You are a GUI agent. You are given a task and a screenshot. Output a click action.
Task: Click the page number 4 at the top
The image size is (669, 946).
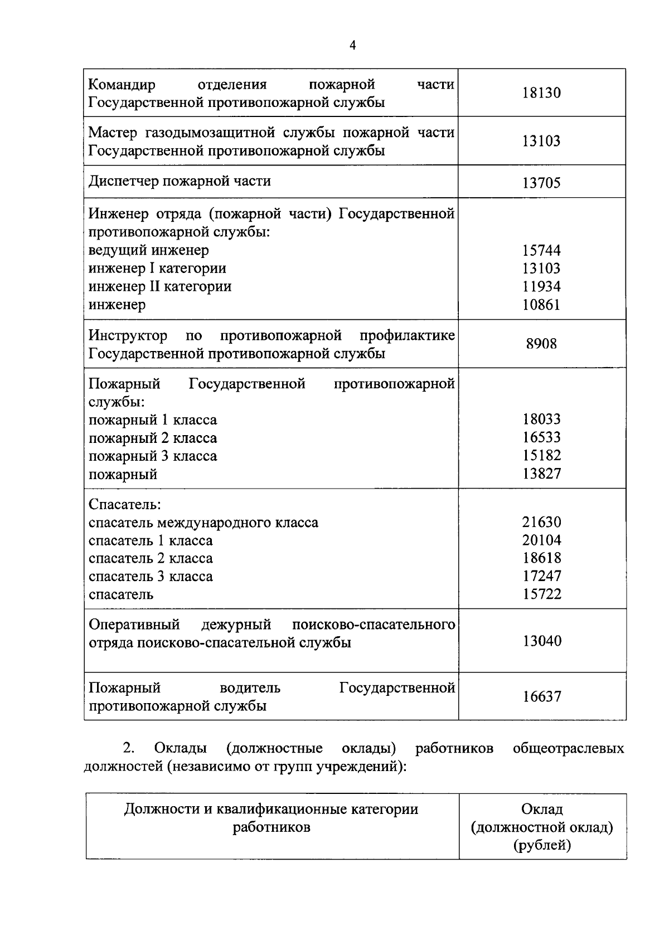click(352, 46)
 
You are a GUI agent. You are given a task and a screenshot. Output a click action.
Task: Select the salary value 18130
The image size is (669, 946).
click(541, 93)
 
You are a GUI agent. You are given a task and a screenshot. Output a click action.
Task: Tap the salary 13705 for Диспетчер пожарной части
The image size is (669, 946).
click(541, 183)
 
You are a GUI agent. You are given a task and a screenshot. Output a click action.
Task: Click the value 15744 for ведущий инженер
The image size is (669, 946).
click(541, 251)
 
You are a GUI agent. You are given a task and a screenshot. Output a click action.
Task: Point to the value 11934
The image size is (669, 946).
click(541, 287)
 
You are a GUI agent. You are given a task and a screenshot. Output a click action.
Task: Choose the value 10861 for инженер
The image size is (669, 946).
click(541, 305)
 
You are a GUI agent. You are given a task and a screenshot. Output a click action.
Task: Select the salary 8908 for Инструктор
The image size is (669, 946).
click(541, 344)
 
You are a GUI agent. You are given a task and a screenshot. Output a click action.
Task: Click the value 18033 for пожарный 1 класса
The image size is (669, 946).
click(541, 420)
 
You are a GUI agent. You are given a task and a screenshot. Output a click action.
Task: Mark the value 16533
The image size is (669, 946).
click(541, 438)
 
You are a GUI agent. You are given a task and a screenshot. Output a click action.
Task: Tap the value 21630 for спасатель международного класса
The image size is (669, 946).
click(541, 523)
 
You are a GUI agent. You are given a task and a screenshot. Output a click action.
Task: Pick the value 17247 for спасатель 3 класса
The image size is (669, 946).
click(541, 576)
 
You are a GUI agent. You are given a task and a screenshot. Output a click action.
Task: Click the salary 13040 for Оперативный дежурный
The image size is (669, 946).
click(541, 641)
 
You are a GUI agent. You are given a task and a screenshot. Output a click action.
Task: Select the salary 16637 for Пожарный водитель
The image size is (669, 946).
click(541, 696)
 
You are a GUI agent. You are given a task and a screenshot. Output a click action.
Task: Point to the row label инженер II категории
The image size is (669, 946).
click(160, 287)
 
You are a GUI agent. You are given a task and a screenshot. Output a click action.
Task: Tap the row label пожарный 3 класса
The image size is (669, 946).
click(153, 456)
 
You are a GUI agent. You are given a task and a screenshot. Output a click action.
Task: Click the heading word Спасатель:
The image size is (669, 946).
click(125, 505)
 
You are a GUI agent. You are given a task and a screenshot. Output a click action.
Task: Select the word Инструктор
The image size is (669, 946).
click(128, 336)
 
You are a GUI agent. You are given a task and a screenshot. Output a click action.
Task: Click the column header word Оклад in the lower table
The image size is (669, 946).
click(541, 810)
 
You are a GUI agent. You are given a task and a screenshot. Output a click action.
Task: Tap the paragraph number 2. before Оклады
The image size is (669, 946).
click(128, 748)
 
